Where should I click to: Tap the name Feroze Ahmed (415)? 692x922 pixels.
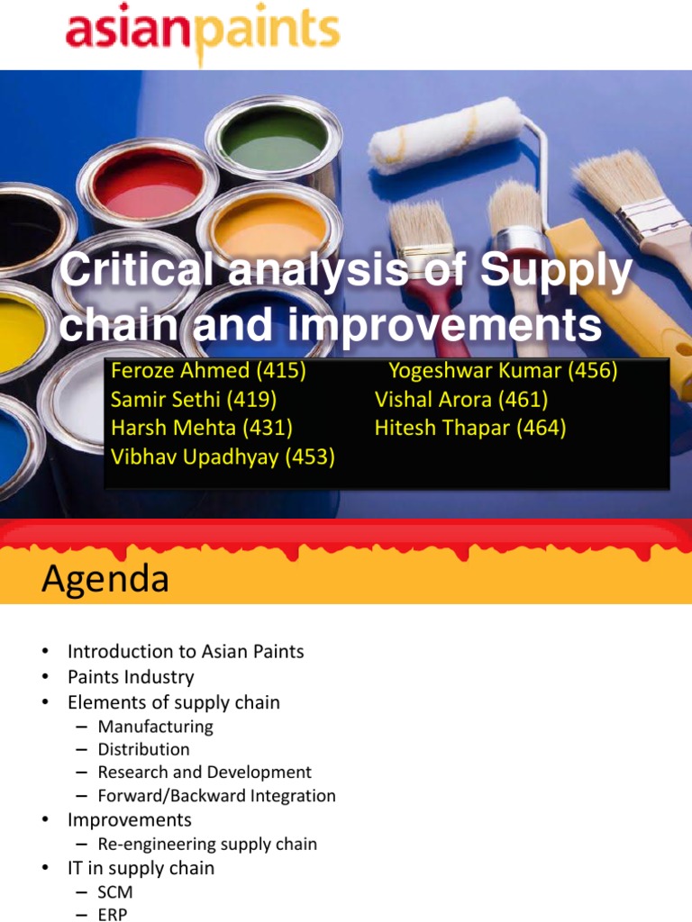pyautogui.click(x=208, y=371)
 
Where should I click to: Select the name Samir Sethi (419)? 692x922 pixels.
pyautogui.click(x=193, y=399)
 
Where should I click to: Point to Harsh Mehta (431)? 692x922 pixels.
pyautogui.click(x=201, y=428)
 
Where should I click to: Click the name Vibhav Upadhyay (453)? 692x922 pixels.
pyautogui.click(x=223, y=456)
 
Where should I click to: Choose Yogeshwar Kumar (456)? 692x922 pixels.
pyautogui.click(x=503, y=371)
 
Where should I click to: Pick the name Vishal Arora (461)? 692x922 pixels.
pyautogui.click(x=461, y=399)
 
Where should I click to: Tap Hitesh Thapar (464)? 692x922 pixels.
pyautogui.click(x=470, y=428)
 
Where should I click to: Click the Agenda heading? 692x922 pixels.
pyautogui.click(x=105, y=579)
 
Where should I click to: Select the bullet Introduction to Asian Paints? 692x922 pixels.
pyautogui.click(x=186, y=651)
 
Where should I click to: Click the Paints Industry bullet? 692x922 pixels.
pyautogui.click(x=131, y=676)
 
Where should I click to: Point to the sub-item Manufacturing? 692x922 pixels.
pyautogui.click(x=156, y=726)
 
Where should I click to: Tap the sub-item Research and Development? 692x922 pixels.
pyautogui.click(x=205, y=772)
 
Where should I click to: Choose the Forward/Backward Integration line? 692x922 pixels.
pyautogui.click(x=216, y=795)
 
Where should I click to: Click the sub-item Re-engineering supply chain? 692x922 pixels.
pyautogui.click(x=207, y=844)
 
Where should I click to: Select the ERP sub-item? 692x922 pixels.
pyautogui.click(x=113, y=914)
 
